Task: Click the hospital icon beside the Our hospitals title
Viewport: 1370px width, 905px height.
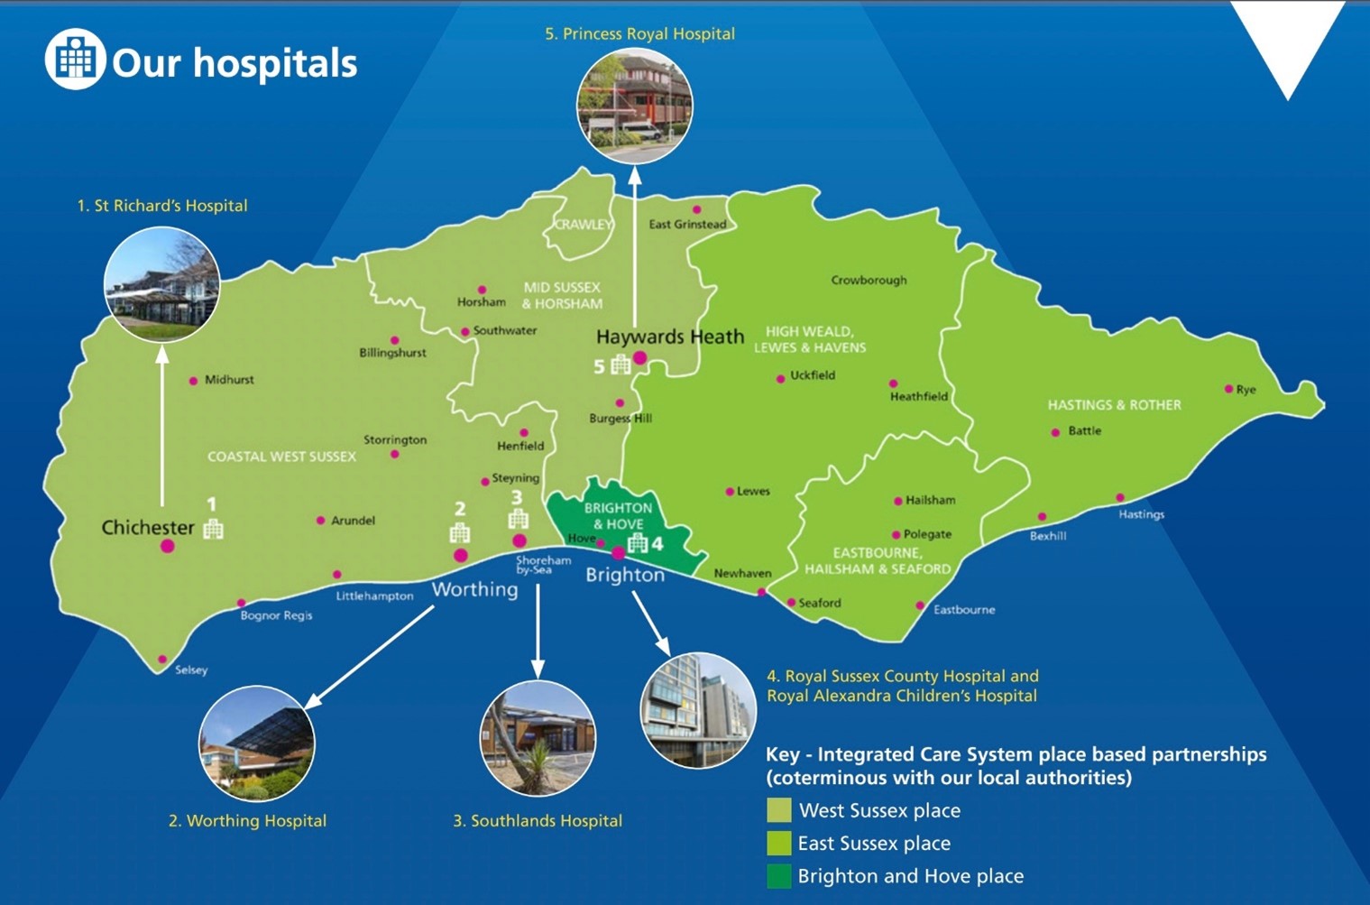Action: pos(76,60)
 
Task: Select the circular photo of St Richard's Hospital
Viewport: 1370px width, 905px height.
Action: pos(161,284)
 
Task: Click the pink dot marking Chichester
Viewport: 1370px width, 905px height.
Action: pos(167,545)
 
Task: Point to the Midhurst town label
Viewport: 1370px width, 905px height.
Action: pos(228,380)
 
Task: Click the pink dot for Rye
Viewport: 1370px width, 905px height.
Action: pos(1228,389)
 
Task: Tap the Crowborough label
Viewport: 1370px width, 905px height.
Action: pos(869,280)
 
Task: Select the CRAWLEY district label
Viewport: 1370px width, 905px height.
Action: pos(583,224)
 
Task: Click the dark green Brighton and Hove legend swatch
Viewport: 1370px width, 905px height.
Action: pos(778,875)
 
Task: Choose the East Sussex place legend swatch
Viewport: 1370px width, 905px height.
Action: pos(778,843)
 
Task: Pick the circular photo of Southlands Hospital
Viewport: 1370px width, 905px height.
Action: pos(538,738)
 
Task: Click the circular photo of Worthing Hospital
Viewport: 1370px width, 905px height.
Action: pos(257,743)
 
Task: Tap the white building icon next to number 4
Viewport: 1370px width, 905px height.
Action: pos(638,542)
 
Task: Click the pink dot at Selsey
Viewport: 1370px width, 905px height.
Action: pos(162,660)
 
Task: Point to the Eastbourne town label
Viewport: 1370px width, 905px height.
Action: pos(963,610)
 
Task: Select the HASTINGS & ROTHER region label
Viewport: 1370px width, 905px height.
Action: pos(1114,405)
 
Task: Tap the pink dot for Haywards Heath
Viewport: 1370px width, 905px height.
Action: pos(639,358)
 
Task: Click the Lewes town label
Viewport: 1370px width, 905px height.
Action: pos(753,492)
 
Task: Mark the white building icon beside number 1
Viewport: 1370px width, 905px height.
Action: pos(213,529)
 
